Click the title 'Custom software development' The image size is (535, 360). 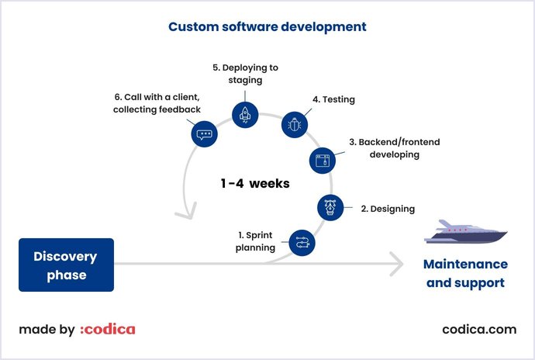coord(267,26)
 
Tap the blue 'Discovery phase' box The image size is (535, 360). coord(66,265)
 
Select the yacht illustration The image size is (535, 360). coord(465,232)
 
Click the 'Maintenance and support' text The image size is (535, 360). coord(465,273)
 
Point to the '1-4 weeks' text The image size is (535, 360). coord(255,184)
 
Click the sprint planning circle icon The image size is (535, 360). coord(302,243)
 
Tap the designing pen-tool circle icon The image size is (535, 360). coord(331,207)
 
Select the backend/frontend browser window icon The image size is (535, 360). coord(323,161)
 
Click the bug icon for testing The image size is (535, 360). coord(295,125)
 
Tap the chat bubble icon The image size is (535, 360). coord(204,134)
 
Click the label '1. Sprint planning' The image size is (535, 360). coord(256,241)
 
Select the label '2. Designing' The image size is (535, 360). coord(387,209)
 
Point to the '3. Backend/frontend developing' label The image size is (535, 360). coord(384,148)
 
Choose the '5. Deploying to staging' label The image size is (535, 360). coord(245,74)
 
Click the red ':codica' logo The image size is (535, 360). coord(107,329)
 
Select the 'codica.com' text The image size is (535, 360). coord(478,329)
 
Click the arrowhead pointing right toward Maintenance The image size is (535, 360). coord(396,265)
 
